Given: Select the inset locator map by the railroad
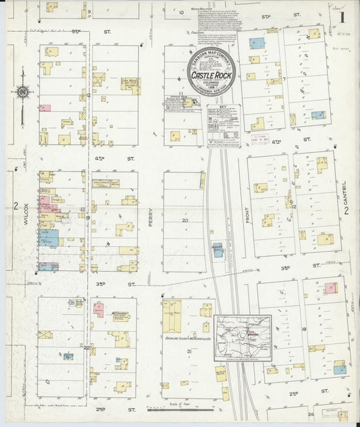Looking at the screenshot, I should (x=242, y=336).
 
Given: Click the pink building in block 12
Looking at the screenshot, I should (x=45, y=107).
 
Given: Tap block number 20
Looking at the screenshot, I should (x=184, y=220).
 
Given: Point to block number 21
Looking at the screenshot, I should (x=190, y=352).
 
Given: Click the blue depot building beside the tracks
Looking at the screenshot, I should (x=218, y=250).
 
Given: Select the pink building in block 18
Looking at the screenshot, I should (x=330, y=288).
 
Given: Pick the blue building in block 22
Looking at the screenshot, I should (x=68, y=355).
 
